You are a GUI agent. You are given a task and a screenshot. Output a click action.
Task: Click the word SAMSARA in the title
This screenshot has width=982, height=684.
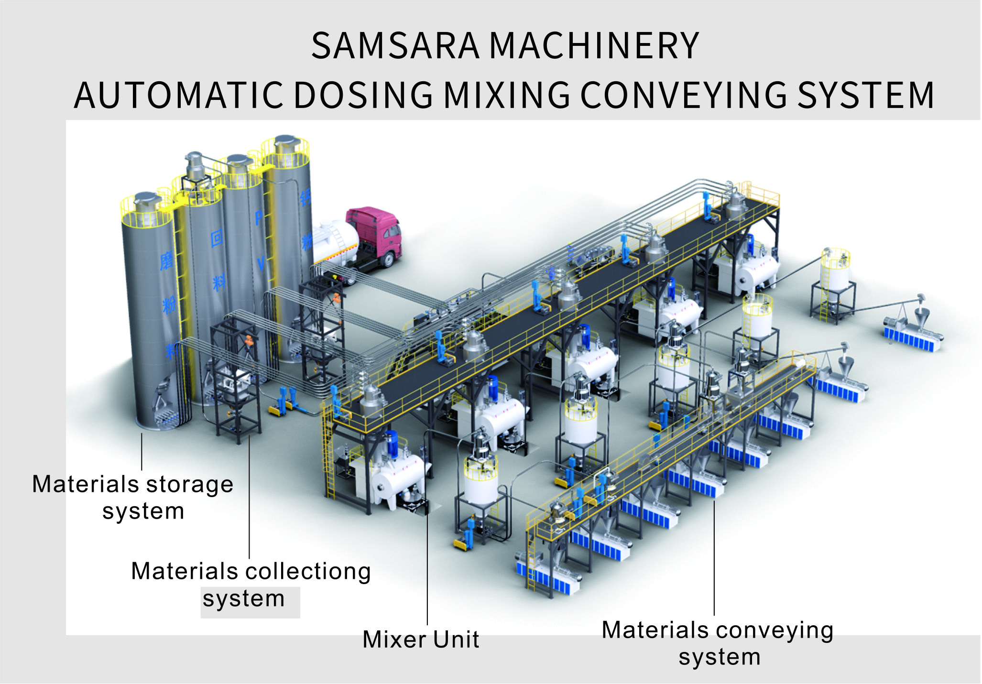tap(395, 46)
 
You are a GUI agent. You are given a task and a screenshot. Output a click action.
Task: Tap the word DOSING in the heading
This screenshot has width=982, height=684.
tap(363, 95)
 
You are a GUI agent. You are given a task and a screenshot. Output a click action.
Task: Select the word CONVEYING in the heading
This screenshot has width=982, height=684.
tap(684, 95)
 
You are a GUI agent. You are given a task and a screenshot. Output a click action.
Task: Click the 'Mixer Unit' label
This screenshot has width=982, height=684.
tap(421, 640)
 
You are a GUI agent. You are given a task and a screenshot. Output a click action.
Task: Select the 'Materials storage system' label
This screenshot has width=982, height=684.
tap(133, 497)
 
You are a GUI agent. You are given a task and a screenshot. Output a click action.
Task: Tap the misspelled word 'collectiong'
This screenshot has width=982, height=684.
tap(308, 571)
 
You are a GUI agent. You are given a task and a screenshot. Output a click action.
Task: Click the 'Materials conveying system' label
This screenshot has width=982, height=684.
tap(718, 643)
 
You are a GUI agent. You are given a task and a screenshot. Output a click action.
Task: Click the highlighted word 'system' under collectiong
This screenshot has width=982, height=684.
tap(244, 599)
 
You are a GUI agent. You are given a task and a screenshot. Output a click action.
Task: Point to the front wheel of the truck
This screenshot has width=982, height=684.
tap(389, 260)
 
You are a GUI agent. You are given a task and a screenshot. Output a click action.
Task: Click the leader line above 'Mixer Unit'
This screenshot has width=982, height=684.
tap(427, 574)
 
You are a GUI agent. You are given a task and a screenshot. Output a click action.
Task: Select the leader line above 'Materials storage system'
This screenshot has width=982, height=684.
tap(142, 452)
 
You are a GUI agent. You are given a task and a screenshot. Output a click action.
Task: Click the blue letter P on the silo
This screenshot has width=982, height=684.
tap(258, 218)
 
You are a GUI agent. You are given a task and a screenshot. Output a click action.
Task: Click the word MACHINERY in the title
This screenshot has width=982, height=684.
tap(594, 46)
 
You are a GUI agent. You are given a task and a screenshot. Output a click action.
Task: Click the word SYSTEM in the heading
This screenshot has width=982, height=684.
tap(866, 95)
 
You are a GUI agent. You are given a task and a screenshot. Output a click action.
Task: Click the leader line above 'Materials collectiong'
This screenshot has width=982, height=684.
tap(249, 497)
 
